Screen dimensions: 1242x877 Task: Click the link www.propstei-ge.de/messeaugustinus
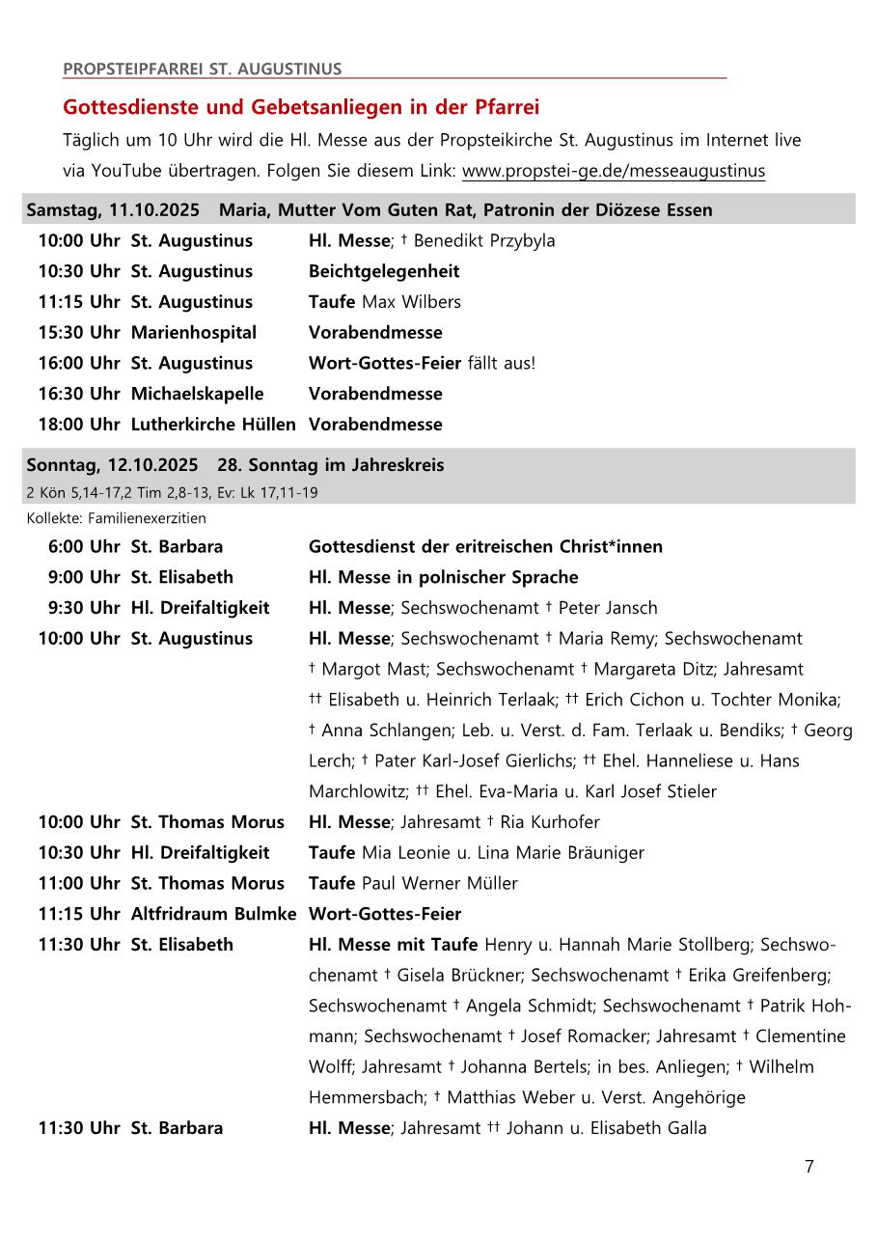613,172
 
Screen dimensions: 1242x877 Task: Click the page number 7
808,1167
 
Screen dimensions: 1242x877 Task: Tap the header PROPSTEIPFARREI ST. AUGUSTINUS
202,69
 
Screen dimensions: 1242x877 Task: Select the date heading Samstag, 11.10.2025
113,209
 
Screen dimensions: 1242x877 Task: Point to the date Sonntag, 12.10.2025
112,465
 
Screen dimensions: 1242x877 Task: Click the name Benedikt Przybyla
484,241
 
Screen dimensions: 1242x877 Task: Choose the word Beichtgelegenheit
384,271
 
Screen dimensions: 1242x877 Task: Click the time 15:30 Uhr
79,333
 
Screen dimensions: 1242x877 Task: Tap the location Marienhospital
194,333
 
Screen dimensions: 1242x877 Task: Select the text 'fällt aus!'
501,364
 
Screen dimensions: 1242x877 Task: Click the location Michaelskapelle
197,394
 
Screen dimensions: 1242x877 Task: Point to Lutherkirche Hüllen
213,425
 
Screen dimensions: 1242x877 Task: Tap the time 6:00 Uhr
84,547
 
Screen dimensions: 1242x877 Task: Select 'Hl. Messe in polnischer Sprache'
443,578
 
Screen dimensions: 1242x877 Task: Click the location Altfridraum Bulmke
213,914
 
